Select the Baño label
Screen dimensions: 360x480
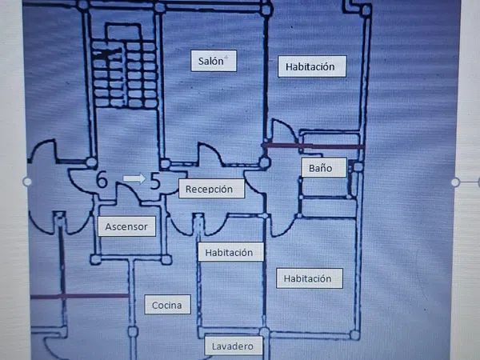(x=316, y=168)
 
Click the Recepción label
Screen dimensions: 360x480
(x=210, y=190)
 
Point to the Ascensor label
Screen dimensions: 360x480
(x=126, y=227)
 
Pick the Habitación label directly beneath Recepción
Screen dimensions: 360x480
(x=229, y=253)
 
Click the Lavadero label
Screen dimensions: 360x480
(x=234, y=346)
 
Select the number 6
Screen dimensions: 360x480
(x=102, y=180)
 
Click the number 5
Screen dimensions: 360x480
(x=156, y=181)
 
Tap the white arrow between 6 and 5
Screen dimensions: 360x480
(x=134, y=179)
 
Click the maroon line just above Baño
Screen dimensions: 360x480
(x=314, y=146)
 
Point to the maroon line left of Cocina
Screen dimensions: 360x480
(x=80, y=296)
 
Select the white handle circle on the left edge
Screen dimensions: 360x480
(x=28, y=182)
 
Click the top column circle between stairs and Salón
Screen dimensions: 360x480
(x=160, y=7)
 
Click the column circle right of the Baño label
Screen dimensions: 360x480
(x=358, y=166)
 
